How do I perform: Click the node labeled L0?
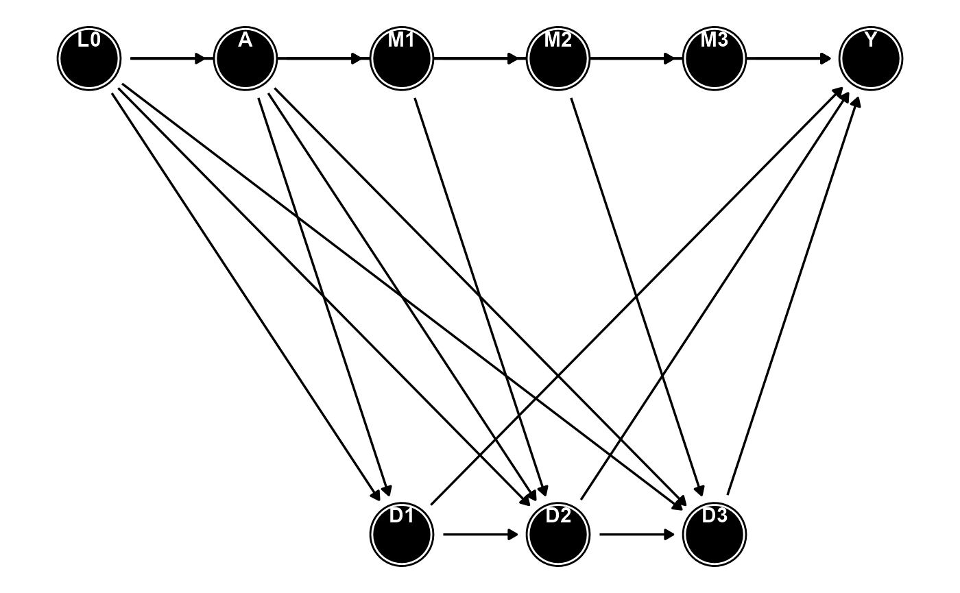point(89,59)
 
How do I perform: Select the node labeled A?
point(245,59)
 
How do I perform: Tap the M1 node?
point(402,59)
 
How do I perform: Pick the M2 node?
point(558,59)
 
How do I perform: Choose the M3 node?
point(715,59)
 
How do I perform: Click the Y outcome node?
point(871,59)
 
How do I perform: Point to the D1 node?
point(402,534)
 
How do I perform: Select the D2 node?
point(558,534)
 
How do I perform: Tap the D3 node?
point(715,534)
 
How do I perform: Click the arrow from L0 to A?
point(169,58)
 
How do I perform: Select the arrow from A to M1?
point(320,58)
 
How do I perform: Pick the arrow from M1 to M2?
point(477,58)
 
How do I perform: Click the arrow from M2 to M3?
point(633,58)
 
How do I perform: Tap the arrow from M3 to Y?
point(789,58)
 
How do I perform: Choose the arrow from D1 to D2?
point(481,534)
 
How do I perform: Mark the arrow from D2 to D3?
point(637,534)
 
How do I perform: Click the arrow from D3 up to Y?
point(793,295)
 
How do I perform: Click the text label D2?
point(558,516)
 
